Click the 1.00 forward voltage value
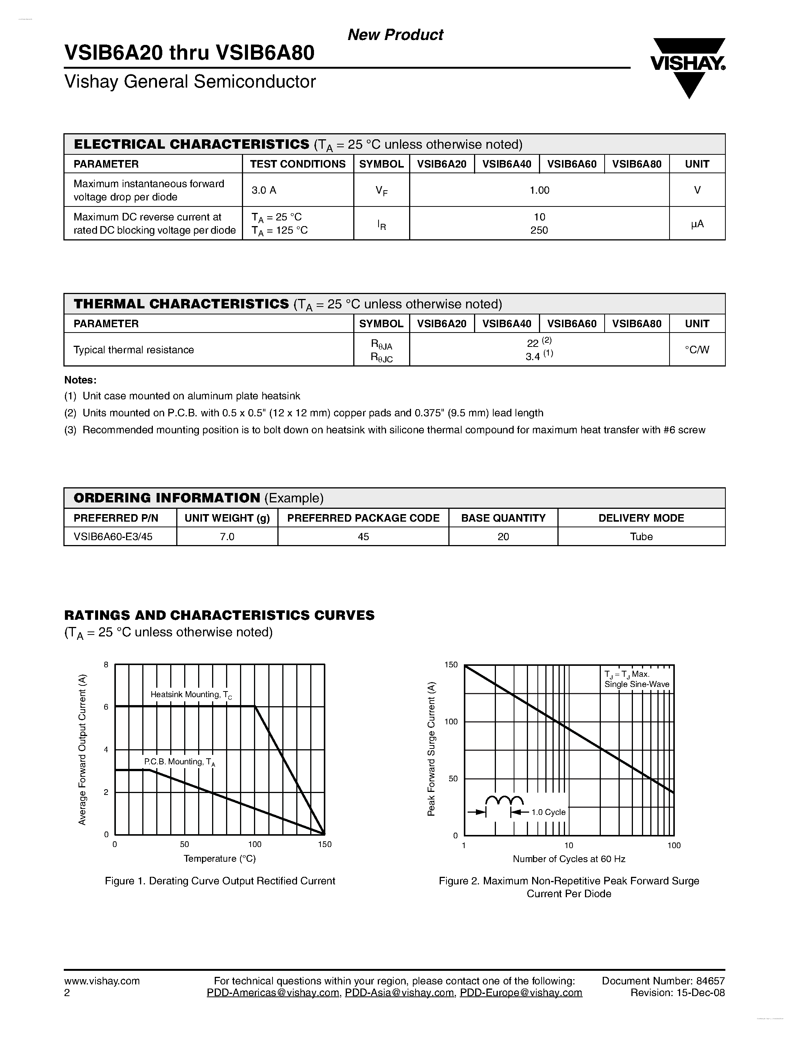(539, 190)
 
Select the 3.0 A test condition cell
(264, 190)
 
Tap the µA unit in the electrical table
(697, 223)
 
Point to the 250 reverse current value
(539, 231)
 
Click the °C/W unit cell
(697, 350)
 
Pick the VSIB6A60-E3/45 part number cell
(113, 537)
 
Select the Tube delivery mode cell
(641, 537)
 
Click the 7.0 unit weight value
(227, 537)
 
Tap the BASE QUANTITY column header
(503, 518)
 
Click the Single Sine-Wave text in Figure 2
(637, 685)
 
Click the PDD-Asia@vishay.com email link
(399, 993)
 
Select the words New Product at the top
(395, 35)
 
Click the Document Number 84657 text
(663, 981)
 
